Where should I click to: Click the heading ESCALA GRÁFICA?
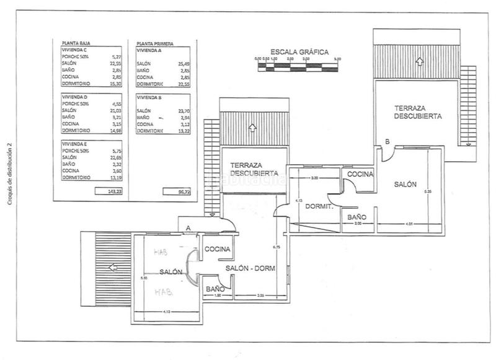tap(299, 52)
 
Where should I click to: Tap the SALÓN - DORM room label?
tap(250, 268)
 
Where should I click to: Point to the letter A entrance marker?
tap(188, 228)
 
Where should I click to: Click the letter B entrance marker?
tap(387, 142)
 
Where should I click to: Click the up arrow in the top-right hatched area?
tap(420, 61)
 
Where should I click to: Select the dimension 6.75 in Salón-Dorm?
tap(276, 247)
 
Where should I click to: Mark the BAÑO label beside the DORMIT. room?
tap(356, 217)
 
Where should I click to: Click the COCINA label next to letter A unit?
tap(218, 249)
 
